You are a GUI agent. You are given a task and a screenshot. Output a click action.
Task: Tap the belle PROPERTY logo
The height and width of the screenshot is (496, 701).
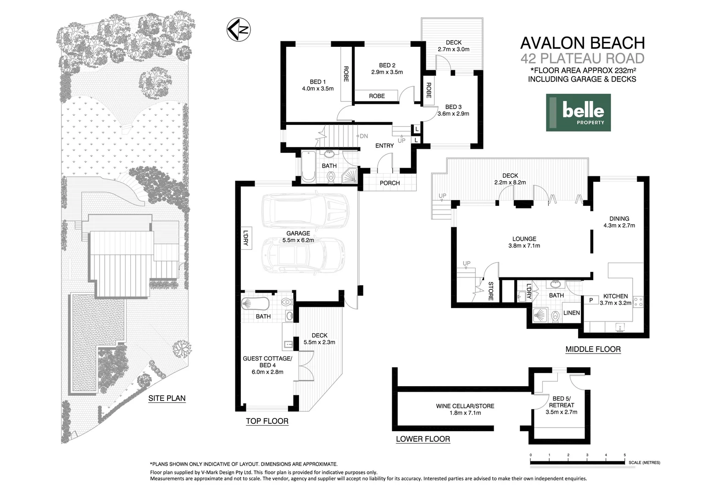click(578, 113)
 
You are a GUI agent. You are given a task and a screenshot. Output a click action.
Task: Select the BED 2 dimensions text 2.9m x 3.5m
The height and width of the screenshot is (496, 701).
click(387, 72)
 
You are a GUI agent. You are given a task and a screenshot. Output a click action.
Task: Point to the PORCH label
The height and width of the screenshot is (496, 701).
click(389, 183)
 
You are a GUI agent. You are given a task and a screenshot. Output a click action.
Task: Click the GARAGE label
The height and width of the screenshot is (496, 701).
click(298, 233)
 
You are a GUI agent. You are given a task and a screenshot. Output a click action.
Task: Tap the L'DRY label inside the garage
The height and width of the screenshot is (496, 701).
click(245, 238)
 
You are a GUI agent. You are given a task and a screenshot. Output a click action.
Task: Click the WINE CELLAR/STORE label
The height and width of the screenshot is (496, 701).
click(465, 406)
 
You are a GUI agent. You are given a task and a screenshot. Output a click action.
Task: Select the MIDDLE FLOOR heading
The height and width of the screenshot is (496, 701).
click(593, 349)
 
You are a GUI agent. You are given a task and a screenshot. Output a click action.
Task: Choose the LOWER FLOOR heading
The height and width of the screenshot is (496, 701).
click(423, 439)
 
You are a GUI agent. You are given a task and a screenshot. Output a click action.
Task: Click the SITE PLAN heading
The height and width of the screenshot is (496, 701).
click(167, 399)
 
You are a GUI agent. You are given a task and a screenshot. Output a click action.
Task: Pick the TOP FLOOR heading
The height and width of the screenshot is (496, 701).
click(267, 421)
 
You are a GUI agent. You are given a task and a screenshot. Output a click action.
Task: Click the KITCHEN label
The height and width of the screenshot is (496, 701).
click(615, 296)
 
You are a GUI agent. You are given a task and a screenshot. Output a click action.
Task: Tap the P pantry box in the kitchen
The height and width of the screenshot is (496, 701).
click(591, 300)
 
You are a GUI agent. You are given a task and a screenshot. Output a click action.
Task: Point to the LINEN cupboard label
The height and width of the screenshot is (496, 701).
click(571, 313)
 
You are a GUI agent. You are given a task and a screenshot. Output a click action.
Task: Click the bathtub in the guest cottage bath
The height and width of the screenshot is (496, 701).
click(255, 304)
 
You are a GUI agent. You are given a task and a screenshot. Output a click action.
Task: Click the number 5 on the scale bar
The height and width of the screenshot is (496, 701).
click(624, 455)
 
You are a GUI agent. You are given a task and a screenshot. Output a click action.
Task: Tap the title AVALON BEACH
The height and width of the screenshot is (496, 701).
click(582, 43)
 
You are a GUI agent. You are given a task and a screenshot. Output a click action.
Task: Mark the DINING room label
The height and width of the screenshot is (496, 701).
click(619, 219)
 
